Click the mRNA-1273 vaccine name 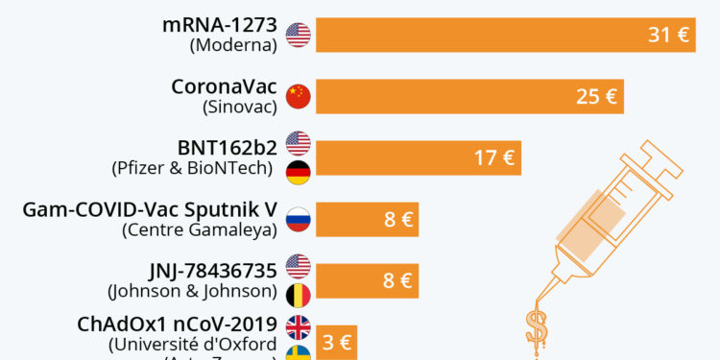tap(220, 25)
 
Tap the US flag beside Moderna tap(300, 36)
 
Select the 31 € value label tap(669, 36)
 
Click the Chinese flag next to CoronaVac tap(300, 96)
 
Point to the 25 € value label tap(596, 96)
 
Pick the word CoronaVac tap(224, 86)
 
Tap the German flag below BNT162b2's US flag tap(300, 172)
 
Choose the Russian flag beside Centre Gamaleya tap(300, 219)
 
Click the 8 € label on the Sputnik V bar tap(398, 219)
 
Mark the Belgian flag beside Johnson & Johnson tap(300, 293)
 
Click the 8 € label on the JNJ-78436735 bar tap(398, 280)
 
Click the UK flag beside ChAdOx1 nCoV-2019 tap(300, 327)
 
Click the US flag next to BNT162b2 tap(300, 143)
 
